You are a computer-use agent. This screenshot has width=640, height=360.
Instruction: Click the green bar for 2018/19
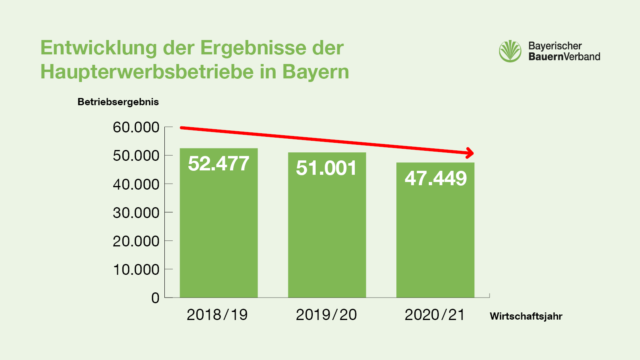tap(218, 232)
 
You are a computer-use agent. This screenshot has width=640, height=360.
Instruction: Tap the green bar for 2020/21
tap(435, 240)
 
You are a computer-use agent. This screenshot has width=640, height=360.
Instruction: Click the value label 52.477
tap(218, 164)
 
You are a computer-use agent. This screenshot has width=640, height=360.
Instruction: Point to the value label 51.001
tap(326, 168)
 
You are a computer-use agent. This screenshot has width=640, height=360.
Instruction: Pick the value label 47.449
tap(436, 178)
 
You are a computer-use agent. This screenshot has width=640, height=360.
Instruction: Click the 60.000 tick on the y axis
tap(136, 127)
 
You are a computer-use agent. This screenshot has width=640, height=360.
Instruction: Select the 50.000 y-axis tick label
tap(136, 156)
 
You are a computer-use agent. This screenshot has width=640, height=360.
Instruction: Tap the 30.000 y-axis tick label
tap(136, 213)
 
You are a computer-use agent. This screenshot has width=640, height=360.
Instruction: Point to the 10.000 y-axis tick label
tap(136, 270)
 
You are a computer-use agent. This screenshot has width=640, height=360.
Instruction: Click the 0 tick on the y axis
tap(155, 298)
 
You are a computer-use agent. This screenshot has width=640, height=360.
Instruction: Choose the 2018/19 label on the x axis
tap(217, 315)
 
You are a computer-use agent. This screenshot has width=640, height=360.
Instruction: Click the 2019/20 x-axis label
tap(326, 315)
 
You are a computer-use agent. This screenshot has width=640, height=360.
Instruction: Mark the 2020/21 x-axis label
tap(435, 315)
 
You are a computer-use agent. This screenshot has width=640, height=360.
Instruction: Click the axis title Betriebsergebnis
tap(118, 102)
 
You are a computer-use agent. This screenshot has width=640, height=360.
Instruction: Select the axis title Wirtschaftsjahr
tap(526, 316)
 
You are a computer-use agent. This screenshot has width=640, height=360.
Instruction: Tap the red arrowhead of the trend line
tap(470, 153)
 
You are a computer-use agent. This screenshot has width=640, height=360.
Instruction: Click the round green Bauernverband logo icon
tap(510, 51)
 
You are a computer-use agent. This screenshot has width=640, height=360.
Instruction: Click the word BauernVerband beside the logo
tap(564, 56)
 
